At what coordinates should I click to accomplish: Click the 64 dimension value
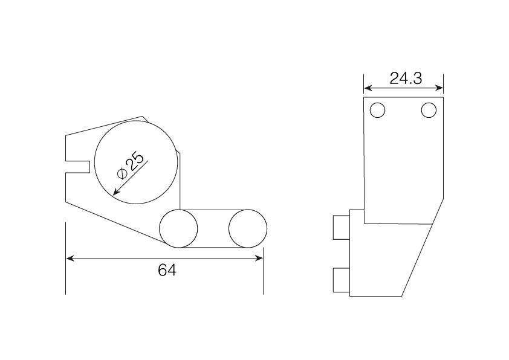pos(167,270)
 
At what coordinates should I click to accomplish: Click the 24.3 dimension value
pos(406,78)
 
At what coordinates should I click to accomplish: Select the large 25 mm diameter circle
pos(94,162)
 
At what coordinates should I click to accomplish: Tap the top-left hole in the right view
pos(377,110)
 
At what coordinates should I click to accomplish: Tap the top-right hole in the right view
pos(429,110)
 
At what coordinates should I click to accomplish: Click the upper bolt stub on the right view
pos(342,227)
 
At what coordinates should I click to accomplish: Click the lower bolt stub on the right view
pos(342,280)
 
